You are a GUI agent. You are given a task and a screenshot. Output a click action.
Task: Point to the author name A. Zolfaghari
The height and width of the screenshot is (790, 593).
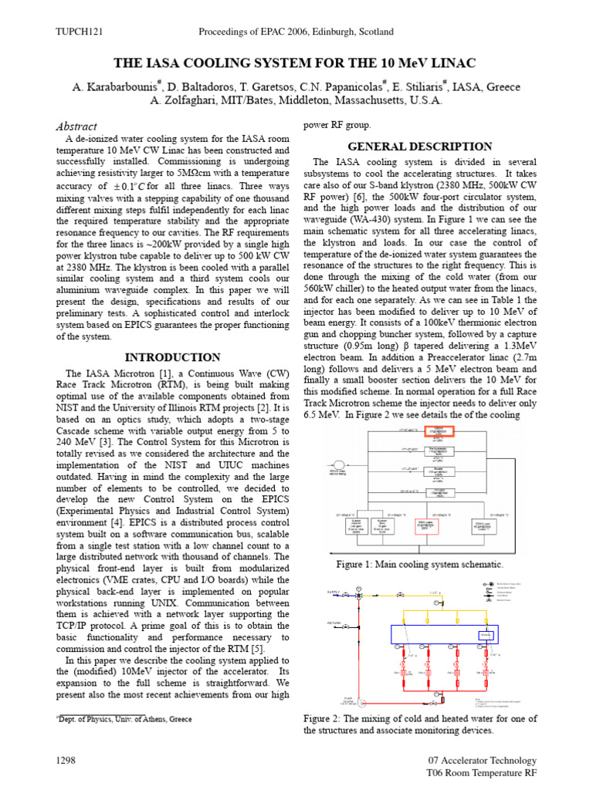tap(187, 100)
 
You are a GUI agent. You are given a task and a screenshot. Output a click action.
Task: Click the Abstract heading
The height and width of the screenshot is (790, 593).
tap(77, 127)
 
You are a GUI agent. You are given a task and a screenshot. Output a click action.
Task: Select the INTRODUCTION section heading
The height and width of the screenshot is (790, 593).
tap(173, 358)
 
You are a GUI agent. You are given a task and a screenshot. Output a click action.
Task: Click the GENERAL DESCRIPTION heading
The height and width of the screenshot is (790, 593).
tap(420, 147)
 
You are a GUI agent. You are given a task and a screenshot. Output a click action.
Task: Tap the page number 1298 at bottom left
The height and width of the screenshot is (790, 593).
tap(66, 761)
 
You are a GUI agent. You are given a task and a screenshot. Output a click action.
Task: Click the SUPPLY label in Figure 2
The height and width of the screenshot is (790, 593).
tap(334, 592)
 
